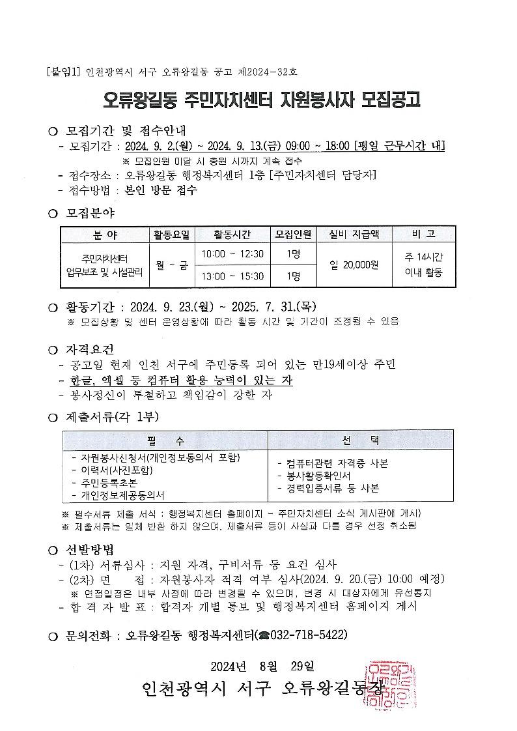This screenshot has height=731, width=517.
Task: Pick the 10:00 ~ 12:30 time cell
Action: tap(232, 253)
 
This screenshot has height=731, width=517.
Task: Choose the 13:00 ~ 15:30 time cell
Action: tap(232, 276)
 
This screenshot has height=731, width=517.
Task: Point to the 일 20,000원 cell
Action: tap(354, 265)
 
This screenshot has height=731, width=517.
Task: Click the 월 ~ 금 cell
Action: tap(171, 265)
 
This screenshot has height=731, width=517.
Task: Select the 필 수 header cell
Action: tap(165, 440)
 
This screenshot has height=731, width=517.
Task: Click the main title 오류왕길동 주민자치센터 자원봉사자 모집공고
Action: tap(262, 99)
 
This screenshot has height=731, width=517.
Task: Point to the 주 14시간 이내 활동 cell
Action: tap(423, 265)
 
